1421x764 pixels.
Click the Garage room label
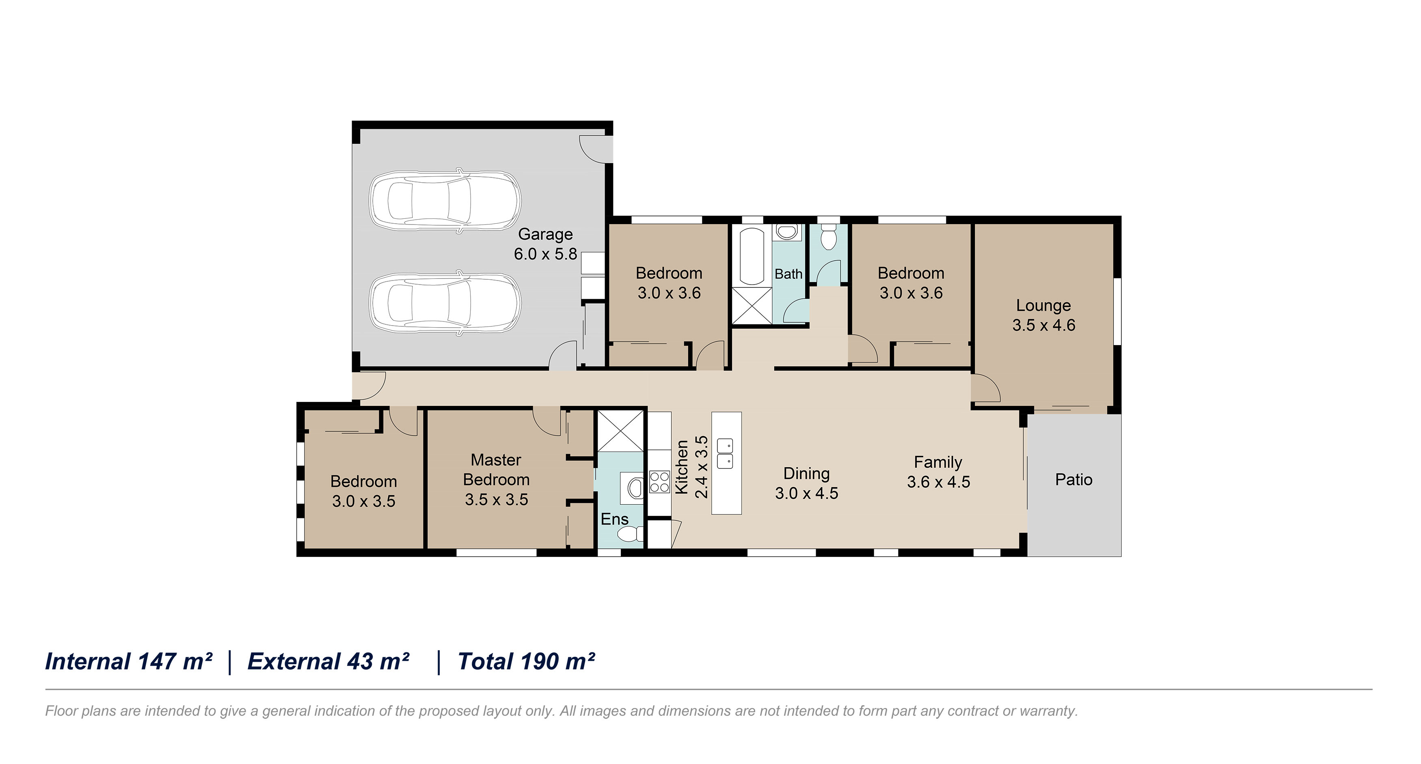[x=545, y=235]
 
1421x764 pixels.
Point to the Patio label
[x=1073, y=479]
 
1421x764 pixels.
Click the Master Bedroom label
[x=496, y=469]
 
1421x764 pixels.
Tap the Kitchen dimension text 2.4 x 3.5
[x=701, y=467]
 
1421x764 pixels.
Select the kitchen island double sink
[x=725, y=453]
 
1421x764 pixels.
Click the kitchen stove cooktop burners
[x=659, y=481]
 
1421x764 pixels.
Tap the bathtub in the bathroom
[x=752, y=257]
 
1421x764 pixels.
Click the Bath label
[x=788, y=274]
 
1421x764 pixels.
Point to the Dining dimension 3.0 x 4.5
[x=806, y=493]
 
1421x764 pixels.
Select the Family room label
[x=938, y=462]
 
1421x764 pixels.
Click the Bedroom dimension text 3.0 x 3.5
[x=363, y=501]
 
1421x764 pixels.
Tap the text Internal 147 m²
[x=129, y=661]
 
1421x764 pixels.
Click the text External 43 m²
[x=329, y=661]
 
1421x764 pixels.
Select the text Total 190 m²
[x=526, y=661]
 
